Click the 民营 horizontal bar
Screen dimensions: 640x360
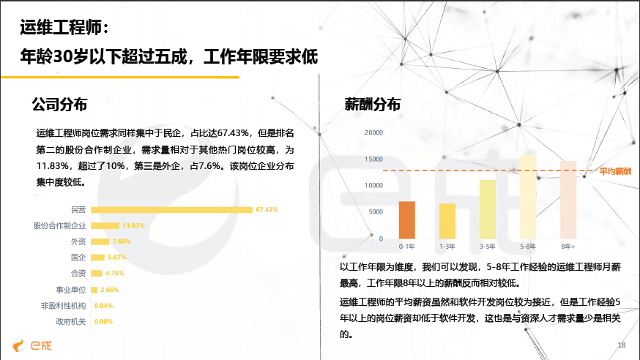[171, 209]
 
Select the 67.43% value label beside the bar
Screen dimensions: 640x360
[267, 209]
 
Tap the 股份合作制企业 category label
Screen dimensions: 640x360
[59, 225]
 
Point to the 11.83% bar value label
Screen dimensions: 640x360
[133, 225]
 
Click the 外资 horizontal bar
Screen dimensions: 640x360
[100, 241]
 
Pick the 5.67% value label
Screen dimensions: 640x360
[116, 258]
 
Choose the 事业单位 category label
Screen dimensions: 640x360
[71, 290]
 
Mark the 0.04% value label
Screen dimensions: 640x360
[103, 306]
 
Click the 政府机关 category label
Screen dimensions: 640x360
[71, 322]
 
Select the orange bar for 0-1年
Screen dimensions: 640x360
[406, 220]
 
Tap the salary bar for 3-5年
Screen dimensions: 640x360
[488, 209]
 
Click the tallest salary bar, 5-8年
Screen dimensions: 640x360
[528, 197]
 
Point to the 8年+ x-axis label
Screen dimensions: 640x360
[568, 247]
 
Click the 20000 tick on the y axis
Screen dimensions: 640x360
[373, 132]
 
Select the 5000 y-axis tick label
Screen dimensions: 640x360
[376, 211]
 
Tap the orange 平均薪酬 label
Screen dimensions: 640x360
[615, 171]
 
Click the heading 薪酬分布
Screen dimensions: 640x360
[372, 105]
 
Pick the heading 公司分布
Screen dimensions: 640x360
[59, 105]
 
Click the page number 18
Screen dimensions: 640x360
[621, 345]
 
